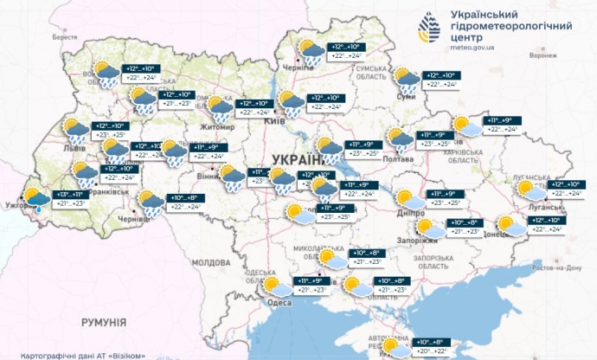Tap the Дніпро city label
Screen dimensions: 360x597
[397, 211]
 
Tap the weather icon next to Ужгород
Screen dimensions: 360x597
[37, 201]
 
